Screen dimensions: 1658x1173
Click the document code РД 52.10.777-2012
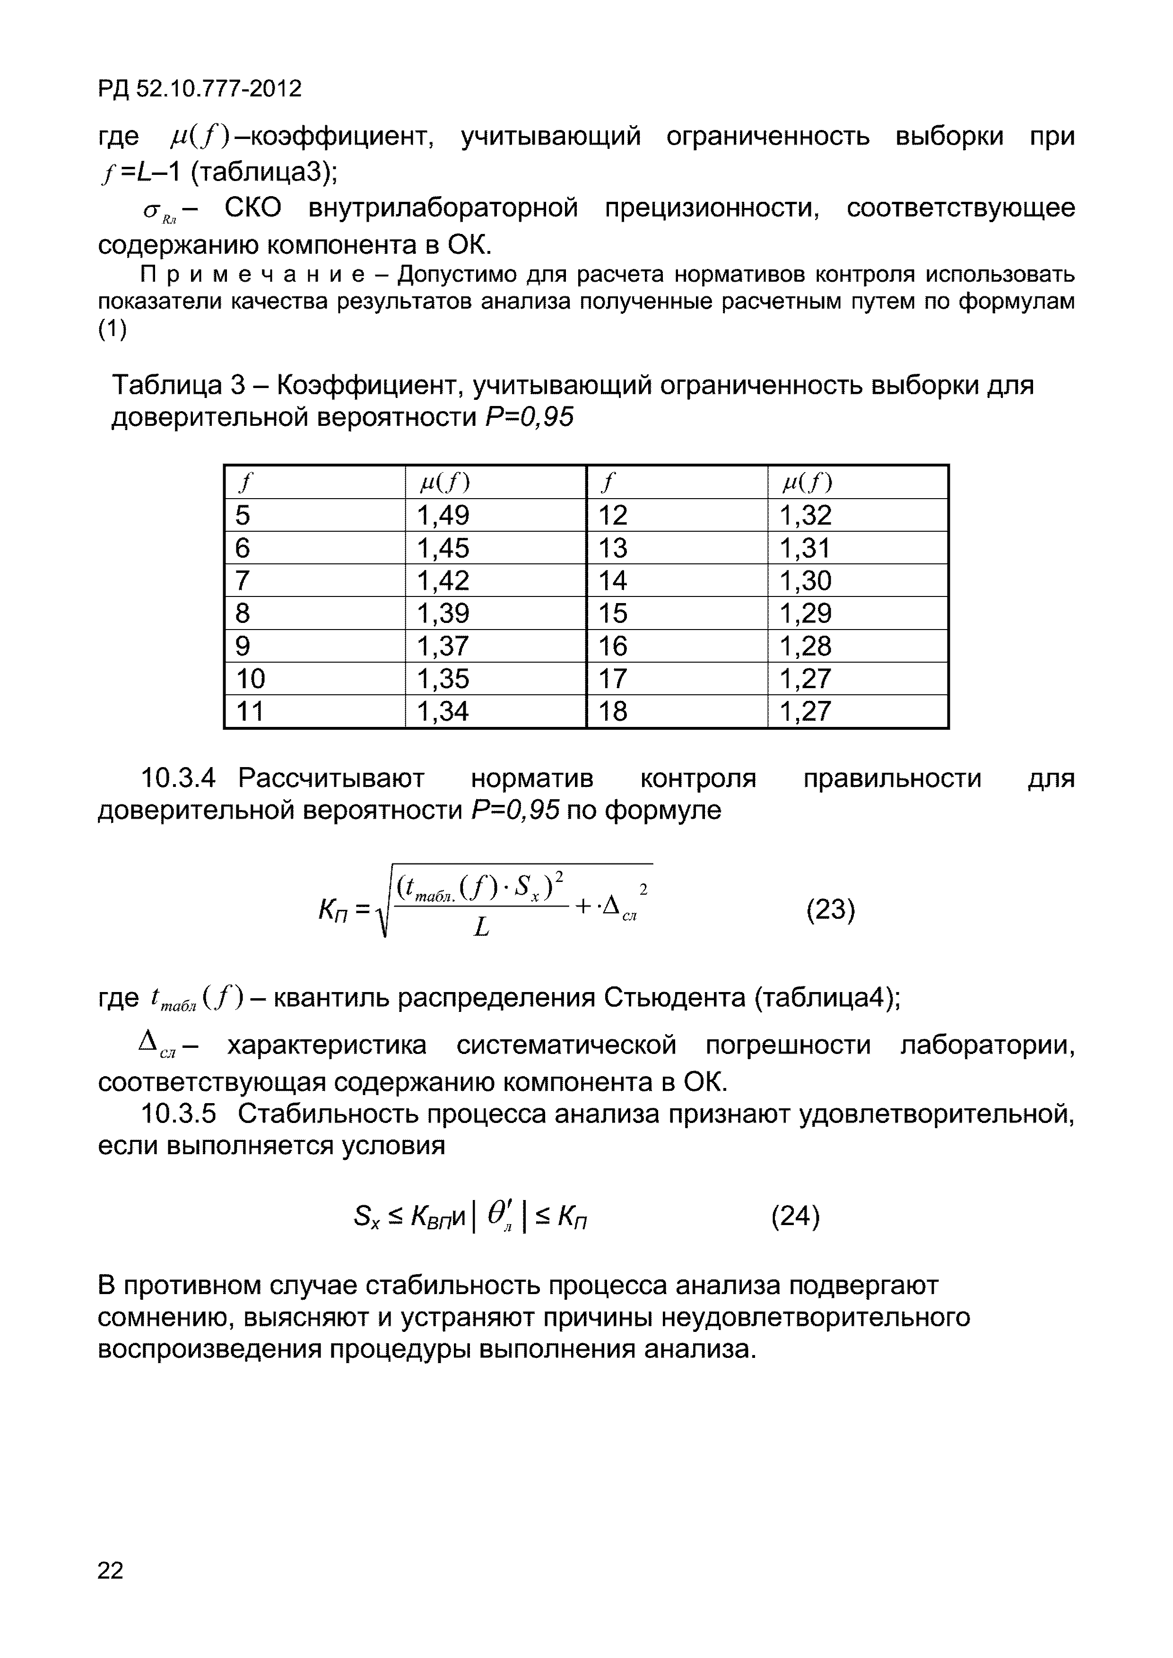(200, 89)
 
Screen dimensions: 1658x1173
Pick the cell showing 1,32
(805, 515)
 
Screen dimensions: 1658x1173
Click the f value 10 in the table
(251, 679)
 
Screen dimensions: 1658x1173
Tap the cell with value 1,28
(805, 646)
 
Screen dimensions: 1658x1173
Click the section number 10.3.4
(178, 778)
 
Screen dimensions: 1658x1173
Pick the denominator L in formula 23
(481, 927)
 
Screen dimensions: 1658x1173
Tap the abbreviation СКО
(253, 208)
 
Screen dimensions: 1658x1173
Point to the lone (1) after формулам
(112, 329)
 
